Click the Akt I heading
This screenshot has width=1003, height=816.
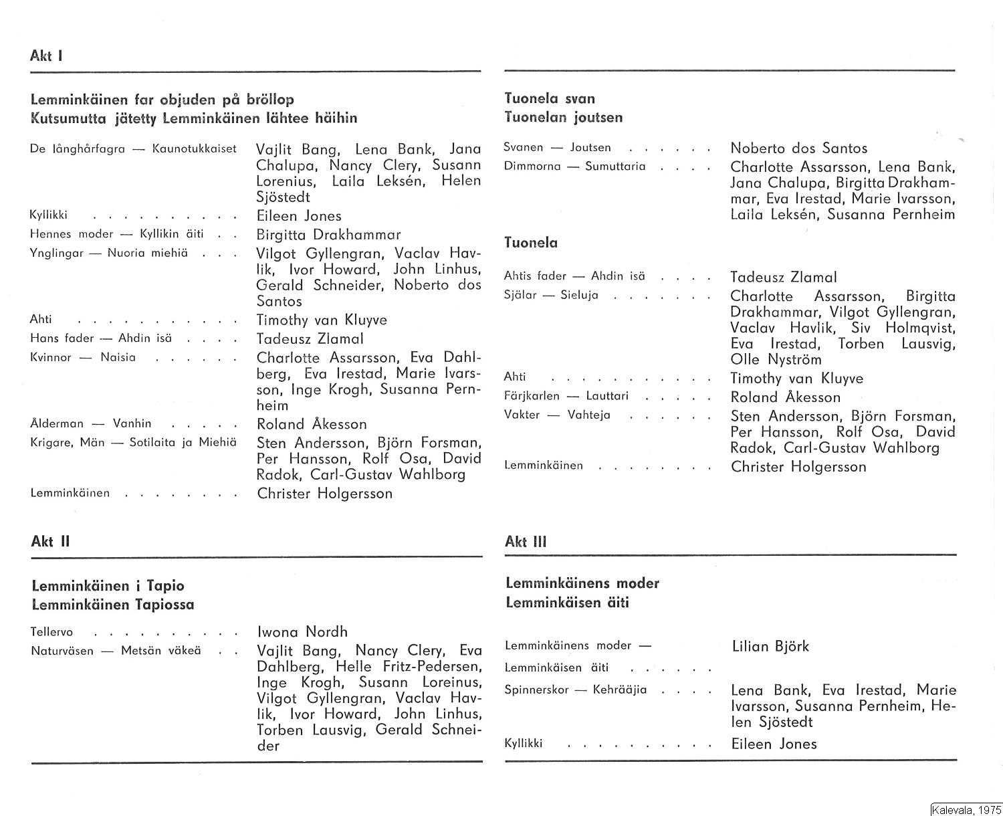46,56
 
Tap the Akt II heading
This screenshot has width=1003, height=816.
50,542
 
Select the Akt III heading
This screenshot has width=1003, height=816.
526,542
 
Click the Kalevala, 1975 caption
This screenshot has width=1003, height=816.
965,809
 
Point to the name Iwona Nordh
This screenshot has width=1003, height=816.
302,631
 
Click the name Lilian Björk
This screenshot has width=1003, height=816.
770,646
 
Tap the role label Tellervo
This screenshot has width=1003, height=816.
51,632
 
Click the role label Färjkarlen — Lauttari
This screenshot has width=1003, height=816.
566,396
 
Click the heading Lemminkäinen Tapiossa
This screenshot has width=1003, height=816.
113,605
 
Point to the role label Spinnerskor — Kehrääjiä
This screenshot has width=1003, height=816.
575,690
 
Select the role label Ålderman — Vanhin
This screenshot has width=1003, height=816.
91,423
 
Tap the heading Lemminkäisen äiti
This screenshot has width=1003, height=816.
567,603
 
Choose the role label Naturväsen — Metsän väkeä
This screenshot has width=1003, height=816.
116,650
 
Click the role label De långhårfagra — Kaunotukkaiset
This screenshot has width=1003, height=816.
133,148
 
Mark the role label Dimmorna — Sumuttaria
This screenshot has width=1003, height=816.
574,167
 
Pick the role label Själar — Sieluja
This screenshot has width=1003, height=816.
550,295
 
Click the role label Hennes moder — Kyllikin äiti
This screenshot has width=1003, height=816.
117,234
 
